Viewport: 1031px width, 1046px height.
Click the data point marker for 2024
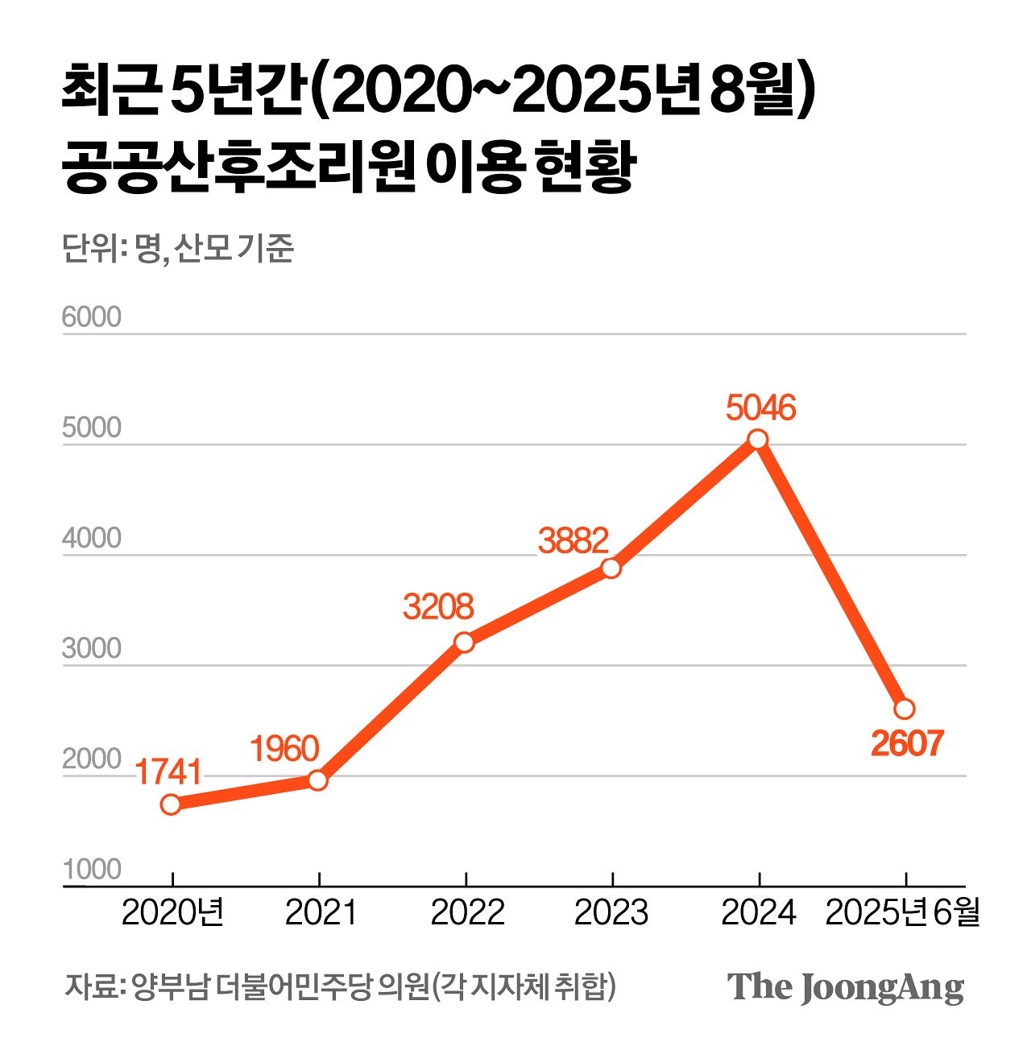757,439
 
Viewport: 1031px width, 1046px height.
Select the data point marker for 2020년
171,804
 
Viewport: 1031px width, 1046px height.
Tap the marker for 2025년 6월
905,709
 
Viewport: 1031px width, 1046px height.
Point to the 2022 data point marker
464,642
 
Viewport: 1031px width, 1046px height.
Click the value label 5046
760,407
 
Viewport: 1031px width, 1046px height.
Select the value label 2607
906,743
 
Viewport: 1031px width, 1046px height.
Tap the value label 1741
168,772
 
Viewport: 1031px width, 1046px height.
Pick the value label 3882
573,540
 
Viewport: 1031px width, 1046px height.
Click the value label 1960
284,749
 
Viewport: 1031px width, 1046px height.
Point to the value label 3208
438,606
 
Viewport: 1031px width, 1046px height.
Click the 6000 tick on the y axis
91,317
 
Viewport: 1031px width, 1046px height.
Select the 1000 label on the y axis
91,870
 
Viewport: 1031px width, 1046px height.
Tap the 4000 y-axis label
91,538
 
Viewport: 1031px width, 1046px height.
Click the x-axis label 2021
320,912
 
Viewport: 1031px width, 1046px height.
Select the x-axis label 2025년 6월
902,912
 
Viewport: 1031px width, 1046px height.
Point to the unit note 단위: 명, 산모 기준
178,249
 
